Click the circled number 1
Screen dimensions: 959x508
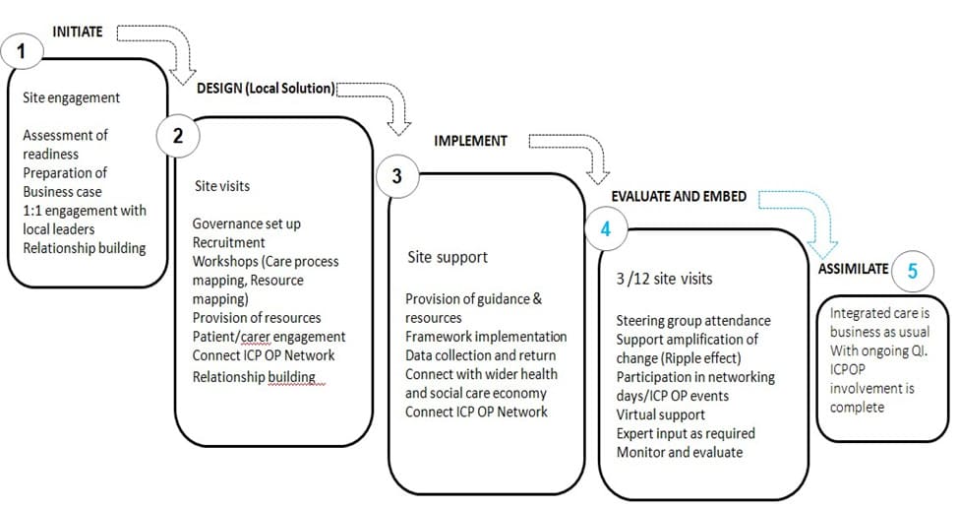[x=22, y=50]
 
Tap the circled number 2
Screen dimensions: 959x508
[x=178, y=135]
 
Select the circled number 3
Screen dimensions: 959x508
[x=397, y=176]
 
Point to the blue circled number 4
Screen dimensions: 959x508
[x=606, y=229]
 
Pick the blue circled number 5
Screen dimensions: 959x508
[x=912, y=271]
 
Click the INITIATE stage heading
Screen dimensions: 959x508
[x=78, y=32]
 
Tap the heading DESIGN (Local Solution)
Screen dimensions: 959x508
[x=266, y=89]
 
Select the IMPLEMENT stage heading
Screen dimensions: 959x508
[x=470, y=141]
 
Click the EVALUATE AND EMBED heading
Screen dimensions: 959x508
[x=679, y=197]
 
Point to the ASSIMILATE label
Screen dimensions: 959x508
[x=853, y=269]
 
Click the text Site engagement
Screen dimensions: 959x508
[x=72, y=97]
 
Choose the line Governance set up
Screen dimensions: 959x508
[x=247, y=224]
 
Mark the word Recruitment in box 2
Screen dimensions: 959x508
[x=229, y=242]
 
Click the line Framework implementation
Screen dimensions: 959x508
[x=486, y=337]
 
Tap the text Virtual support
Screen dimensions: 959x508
[x=661, y=414]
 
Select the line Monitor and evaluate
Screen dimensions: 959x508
[x=680, y=452]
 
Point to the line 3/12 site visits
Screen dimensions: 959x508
[x=664, y=279]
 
